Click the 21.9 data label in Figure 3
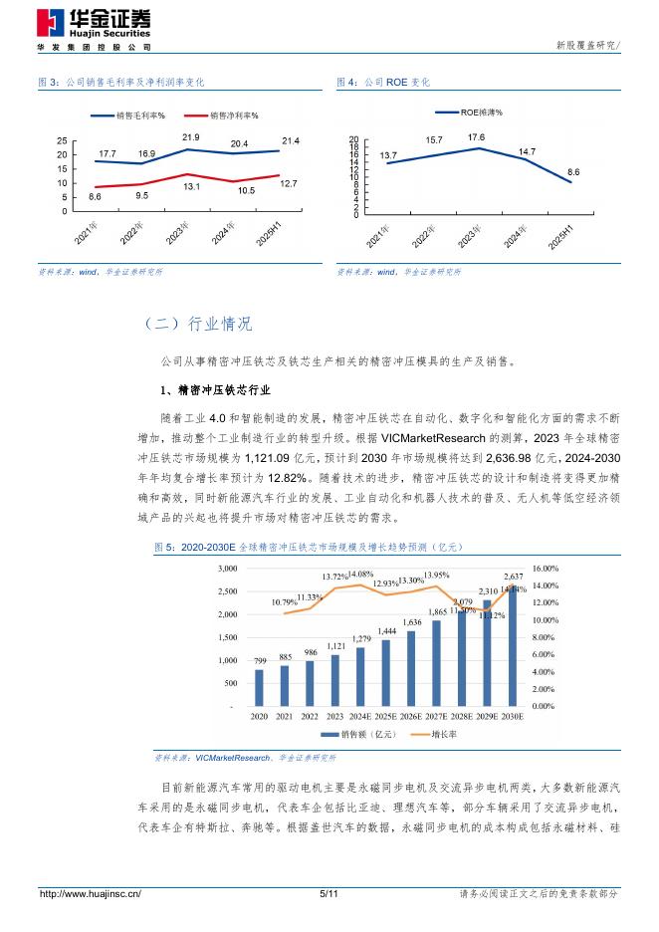click(x=190, y=136)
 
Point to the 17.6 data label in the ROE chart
click(x=476, y=137)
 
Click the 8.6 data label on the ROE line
click(x=573, y=172)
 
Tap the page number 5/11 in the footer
click(x=329, y=894)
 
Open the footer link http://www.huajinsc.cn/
click(x=90, y=894)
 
